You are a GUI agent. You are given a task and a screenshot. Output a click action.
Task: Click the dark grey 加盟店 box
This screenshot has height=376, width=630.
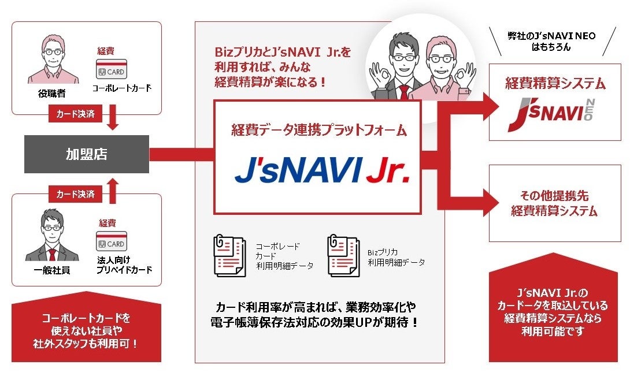pos(86,154)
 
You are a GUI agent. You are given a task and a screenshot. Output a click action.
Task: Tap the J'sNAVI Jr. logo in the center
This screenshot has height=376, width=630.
pos(322,169)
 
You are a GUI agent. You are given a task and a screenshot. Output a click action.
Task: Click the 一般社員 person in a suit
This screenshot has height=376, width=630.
pos(52,236)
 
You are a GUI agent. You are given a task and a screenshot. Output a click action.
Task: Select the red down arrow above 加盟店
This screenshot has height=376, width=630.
pos(114,121)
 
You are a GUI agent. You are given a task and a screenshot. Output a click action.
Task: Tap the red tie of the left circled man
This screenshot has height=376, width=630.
pos(403,92)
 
